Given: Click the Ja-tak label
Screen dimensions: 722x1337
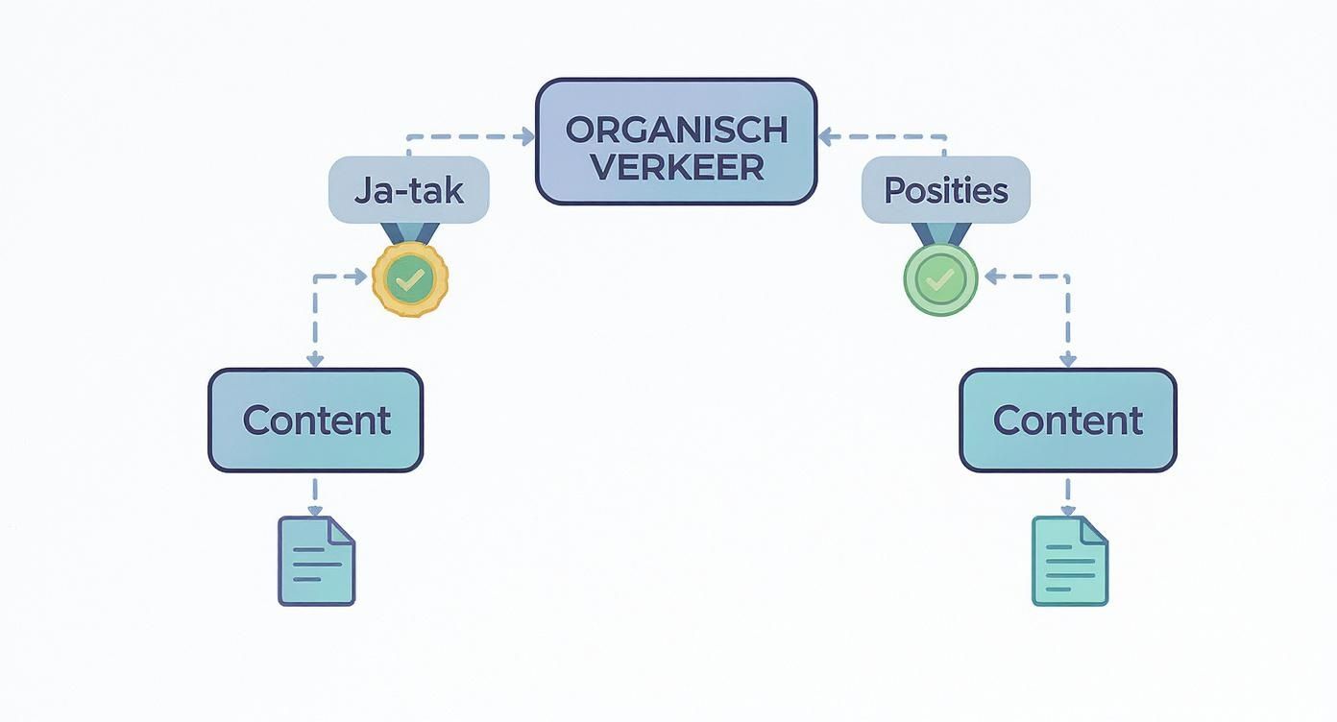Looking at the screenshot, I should (409, 190).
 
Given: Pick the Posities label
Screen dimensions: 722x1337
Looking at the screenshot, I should (945, 190).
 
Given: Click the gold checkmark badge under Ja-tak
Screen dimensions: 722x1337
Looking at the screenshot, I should (410, 279).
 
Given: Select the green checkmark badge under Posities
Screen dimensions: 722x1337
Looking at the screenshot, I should (940, 279).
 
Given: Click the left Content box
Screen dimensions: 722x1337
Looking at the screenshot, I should (315, 421).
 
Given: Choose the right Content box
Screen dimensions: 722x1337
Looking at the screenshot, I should (1067, 421).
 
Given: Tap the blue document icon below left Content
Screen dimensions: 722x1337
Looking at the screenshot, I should (316, 561).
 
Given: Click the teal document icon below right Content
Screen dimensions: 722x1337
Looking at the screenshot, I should (1069, 561).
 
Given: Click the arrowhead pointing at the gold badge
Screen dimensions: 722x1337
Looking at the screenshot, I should (360, 277).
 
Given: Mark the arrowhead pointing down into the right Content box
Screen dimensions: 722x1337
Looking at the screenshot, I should (1067, 360).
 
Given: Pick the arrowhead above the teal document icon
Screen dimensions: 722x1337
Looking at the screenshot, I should (1067, 511).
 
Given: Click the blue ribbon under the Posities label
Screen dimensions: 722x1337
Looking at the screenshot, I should (941, 233).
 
